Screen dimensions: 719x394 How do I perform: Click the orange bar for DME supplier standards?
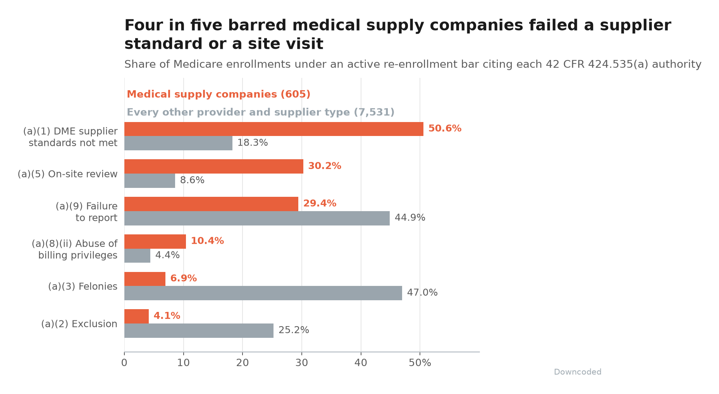(x=274, y=129)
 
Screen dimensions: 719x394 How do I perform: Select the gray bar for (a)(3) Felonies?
(x=263, y=293)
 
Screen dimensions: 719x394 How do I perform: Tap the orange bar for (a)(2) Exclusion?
(x=136, y=316)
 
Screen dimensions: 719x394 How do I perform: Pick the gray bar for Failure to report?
(x=257, y=218)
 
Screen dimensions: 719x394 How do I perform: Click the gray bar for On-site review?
(x=150, y=181)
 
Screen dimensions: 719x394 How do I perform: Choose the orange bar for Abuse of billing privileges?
(x=155, y=241)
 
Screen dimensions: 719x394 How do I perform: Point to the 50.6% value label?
(x=445, y=129)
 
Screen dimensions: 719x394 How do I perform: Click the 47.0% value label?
(x=422, y=293)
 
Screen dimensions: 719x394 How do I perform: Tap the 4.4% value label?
(x=167, y=255)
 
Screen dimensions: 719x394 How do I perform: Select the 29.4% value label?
(x=320, y=204)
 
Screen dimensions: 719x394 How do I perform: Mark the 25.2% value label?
(x=294, y=330)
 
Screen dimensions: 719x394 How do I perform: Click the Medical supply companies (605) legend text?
(x=218, y=95)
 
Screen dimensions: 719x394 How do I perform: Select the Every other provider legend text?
(x=261, y=112)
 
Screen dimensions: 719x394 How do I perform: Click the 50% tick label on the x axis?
(x=420, y=363)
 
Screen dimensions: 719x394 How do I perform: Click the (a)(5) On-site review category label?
(x=67, y=174)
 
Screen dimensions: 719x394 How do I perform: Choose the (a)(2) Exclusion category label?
(x=79, y=324)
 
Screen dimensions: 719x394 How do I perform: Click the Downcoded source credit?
(x=578, y=372)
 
